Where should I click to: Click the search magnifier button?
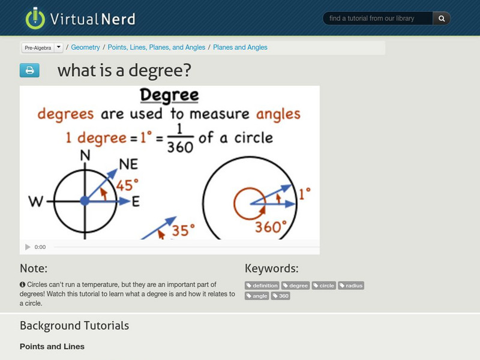coord(442,19)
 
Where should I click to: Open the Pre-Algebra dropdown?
coord(58,47)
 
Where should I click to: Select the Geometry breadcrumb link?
coord(85,47)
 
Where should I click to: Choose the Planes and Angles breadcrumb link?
coord(240,47)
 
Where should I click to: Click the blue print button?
coord(29,71)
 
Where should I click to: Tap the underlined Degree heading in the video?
coord(169,95)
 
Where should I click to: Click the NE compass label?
coord(128,164)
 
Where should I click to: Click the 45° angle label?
coord(127,185)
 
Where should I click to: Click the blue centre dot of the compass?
coord(85,200)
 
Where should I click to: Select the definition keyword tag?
coord(262,286)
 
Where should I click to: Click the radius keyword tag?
coord(351,286)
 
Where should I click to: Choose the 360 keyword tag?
coord(281,296)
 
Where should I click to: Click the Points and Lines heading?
coord(52,346)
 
